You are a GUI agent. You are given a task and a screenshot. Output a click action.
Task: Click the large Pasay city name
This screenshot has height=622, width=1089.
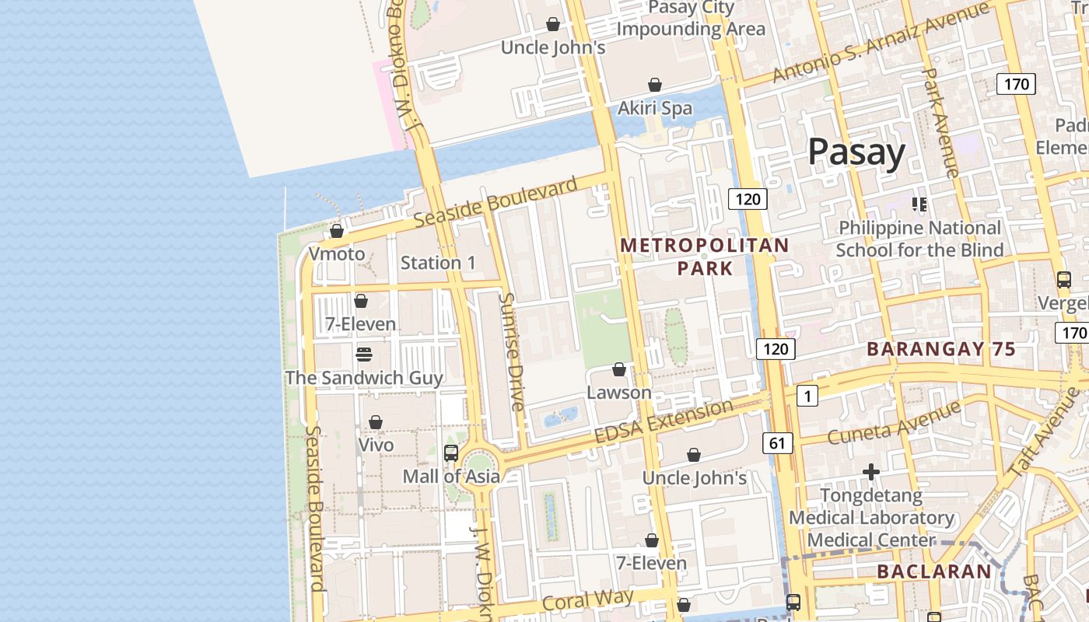(x=856, y=152)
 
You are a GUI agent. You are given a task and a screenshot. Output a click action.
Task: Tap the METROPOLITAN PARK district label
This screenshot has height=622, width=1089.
(x=705, y=257)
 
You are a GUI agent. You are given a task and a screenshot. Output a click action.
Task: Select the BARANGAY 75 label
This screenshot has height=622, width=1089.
(x=941, y=349)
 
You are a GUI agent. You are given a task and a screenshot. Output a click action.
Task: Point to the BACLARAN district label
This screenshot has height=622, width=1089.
(x=934, y=571)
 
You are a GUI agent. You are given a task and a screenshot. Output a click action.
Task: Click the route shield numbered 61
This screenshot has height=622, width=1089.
(x=778, y=443)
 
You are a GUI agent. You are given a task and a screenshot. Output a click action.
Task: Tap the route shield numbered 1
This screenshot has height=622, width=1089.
(x=807, y=397)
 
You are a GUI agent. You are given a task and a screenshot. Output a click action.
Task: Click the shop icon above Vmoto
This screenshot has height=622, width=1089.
(x=337, y=231)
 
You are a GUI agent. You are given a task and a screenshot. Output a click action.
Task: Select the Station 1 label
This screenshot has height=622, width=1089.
(x=438, y=263)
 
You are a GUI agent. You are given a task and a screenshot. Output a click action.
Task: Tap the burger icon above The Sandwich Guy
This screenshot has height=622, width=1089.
(x=364, y=355)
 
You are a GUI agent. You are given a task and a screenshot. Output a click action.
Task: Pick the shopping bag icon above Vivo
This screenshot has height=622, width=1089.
(x=376, y=422)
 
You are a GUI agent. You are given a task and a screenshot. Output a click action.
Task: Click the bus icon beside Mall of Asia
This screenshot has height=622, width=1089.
(x=450, y=453)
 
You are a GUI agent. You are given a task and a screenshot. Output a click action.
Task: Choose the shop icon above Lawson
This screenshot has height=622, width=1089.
(x=619, y=369)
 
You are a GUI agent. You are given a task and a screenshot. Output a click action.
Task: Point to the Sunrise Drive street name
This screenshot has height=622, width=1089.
(x=512, y=351)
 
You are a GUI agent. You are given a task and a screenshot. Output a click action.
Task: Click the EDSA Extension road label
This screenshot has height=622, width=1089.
(x=664, y=422)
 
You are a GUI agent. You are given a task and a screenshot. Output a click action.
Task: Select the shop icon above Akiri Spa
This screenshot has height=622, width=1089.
(x=655, y=84)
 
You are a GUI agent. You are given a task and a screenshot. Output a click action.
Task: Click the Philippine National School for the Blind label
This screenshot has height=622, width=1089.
(x=919, y=239)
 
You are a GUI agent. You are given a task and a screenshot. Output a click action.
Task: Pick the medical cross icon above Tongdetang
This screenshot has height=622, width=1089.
(x=871, y=472)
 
